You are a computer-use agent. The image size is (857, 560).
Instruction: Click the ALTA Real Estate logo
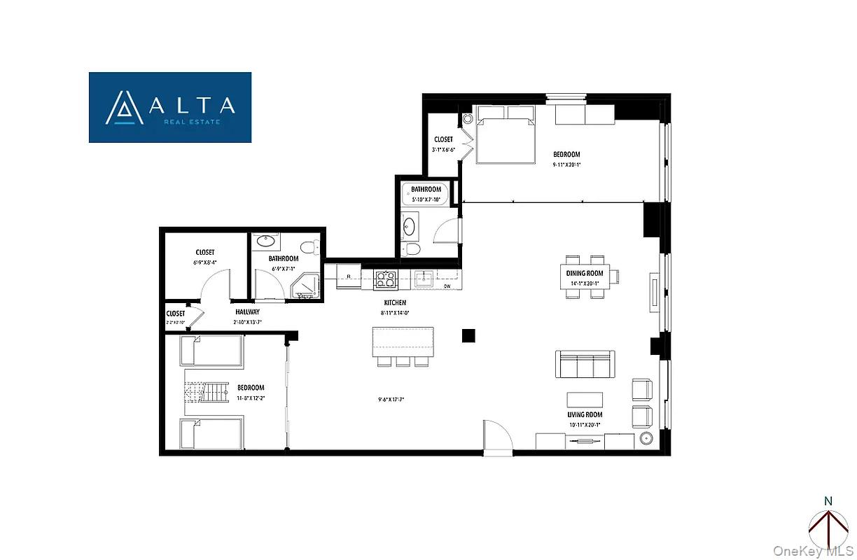click(170, 107)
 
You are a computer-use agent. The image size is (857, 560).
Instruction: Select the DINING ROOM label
click(590, 274)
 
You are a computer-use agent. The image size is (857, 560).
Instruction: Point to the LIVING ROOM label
click(585, 414)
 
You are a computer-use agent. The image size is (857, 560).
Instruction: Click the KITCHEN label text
click(395, 303)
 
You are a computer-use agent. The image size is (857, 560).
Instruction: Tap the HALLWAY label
click(247, 312)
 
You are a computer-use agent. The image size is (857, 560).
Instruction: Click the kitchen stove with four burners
click(386, 279)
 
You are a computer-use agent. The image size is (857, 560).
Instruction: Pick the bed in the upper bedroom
click(506, 136)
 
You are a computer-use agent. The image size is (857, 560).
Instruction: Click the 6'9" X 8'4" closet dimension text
click(204, 262)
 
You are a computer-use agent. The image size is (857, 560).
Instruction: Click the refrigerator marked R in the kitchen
click(348, 276)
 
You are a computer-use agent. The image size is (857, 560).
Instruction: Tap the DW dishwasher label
click(446, 286)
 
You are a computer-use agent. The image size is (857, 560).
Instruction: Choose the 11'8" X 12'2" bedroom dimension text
click(250, 398)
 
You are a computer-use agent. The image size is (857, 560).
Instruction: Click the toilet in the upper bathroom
click(413, 250)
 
